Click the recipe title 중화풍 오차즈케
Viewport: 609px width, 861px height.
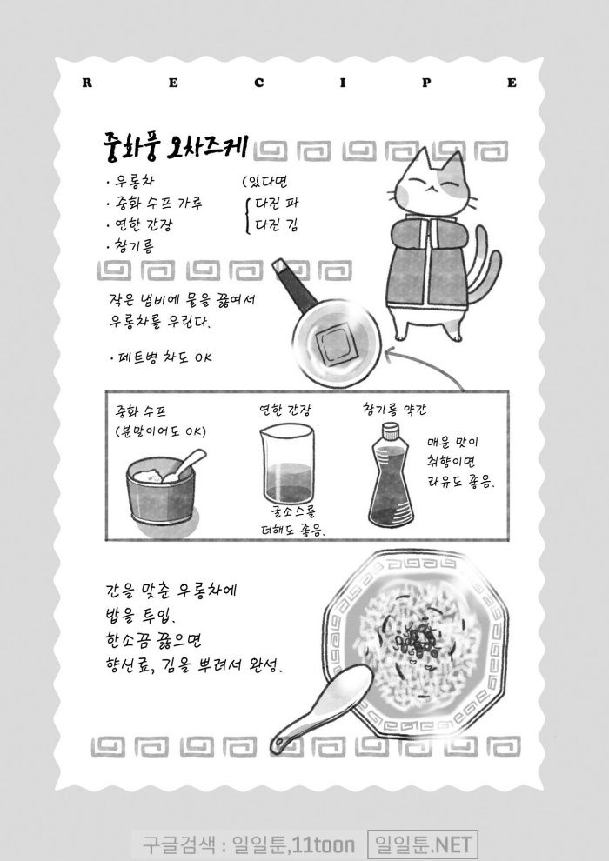tap(175, 146)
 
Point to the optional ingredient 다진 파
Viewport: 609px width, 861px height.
tap(277, 204)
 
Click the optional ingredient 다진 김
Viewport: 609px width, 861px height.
tap(277, 224)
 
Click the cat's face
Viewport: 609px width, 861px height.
tap(434, 184)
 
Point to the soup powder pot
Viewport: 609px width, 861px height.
tap(160, 491)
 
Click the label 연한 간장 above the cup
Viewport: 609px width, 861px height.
tap(285, 410)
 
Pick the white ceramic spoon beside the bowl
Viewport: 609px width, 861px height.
tap(321, 709)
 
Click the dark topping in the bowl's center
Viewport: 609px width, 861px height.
tap(418, 641)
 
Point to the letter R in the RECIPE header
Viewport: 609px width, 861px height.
tap(87, 83)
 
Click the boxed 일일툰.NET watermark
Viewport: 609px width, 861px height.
tap(422, 844)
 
